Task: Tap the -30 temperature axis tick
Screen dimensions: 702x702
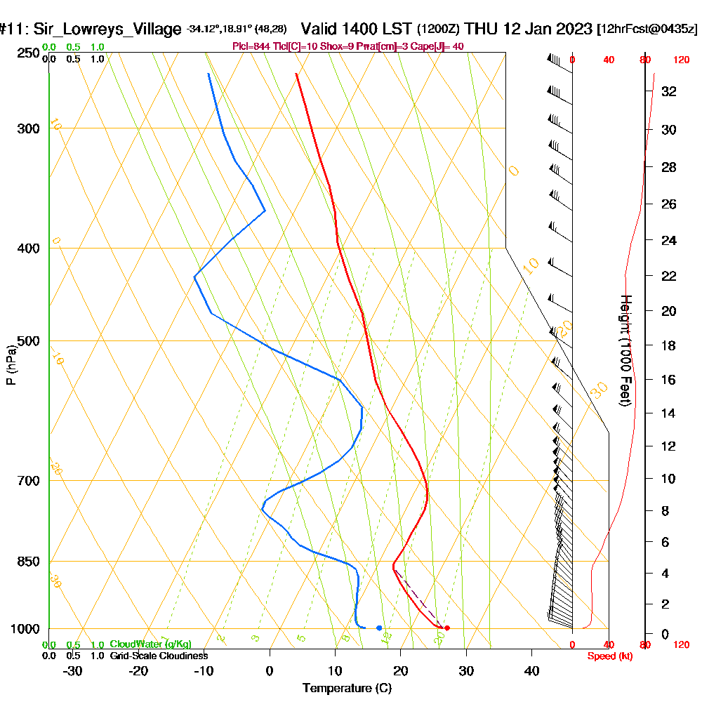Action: point(73,670)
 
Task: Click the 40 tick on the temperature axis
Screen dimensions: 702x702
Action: point(531,670)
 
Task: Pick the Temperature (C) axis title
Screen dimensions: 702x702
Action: point(347,688)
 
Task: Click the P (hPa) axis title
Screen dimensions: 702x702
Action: point(11,364)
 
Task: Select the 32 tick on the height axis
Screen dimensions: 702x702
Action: point(669,91)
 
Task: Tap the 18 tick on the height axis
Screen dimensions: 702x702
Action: point(669,345)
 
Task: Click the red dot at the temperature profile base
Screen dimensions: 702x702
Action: point(447,628)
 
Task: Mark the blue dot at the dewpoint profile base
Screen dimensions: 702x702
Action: point(379,628)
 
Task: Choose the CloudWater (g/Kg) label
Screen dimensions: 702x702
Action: point(150,644)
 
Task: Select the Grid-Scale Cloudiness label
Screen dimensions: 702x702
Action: point(158,656)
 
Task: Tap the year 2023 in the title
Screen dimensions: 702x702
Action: point(570,29)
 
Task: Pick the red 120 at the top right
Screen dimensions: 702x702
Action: point(680,60)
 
